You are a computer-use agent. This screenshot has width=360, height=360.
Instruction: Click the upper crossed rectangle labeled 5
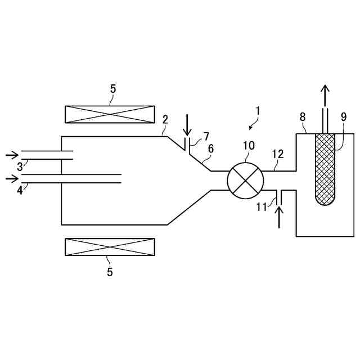click(110, 114)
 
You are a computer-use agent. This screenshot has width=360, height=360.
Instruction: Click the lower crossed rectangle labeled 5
click(110, 247)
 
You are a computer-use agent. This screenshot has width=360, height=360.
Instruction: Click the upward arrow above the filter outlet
click(325, 96)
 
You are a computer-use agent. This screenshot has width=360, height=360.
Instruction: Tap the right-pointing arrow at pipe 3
click(11, 155)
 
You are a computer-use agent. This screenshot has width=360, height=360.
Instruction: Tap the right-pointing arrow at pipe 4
click(11, 179)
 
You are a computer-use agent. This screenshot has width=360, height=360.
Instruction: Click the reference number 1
click(257, 110)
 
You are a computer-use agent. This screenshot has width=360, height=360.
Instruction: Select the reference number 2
click(165, 119)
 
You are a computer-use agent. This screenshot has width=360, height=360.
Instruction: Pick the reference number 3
click(19, 166)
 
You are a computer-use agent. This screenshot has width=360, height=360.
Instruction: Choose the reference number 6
click(210, 148)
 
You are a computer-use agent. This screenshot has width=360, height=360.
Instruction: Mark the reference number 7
click(206, 136)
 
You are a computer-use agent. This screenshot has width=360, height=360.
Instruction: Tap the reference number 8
click(303, 117)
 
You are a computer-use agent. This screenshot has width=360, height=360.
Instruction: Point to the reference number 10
click(248, 146)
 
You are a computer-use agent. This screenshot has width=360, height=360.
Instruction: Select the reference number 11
click(261, 207)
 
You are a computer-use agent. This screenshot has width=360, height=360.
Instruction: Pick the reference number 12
click(278, 154)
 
